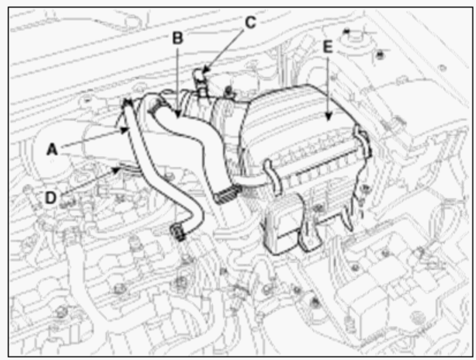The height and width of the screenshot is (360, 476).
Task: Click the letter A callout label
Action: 52,150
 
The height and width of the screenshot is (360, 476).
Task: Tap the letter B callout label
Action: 177,38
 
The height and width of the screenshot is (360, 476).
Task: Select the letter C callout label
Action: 251,22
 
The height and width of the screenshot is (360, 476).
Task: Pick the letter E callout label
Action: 328,47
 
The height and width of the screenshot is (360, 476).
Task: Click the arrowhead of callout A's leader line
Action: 124,130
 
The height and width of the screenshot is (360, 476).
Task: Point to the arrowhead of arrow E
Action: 328,116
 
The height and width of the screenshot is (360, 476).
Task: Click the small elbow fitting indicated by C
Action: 199,79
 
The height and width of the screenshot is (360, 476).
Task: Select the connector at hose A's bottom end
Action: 178,232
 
